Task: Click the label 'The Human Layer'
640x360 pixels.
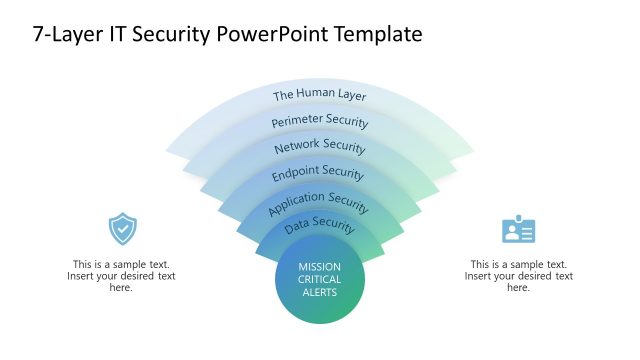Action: [320, 96]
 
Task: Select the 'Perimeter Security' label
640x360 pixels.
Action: [320, 122]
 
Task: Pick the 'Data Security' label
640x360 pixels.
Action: [320, 227]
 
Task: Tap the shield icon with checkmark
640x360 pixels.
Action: [122, 229]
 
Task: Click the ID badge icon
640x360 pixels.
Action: [518, 230]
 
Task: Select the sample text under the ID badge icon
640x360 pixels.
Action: [518, 275]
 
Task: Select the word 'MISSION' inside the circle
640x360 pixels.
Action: [320, 267]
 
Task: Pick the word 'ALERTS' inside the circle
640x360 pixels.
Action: [320, 293]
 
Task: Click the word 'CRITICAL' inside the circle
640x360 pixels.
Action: [320, 280]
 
